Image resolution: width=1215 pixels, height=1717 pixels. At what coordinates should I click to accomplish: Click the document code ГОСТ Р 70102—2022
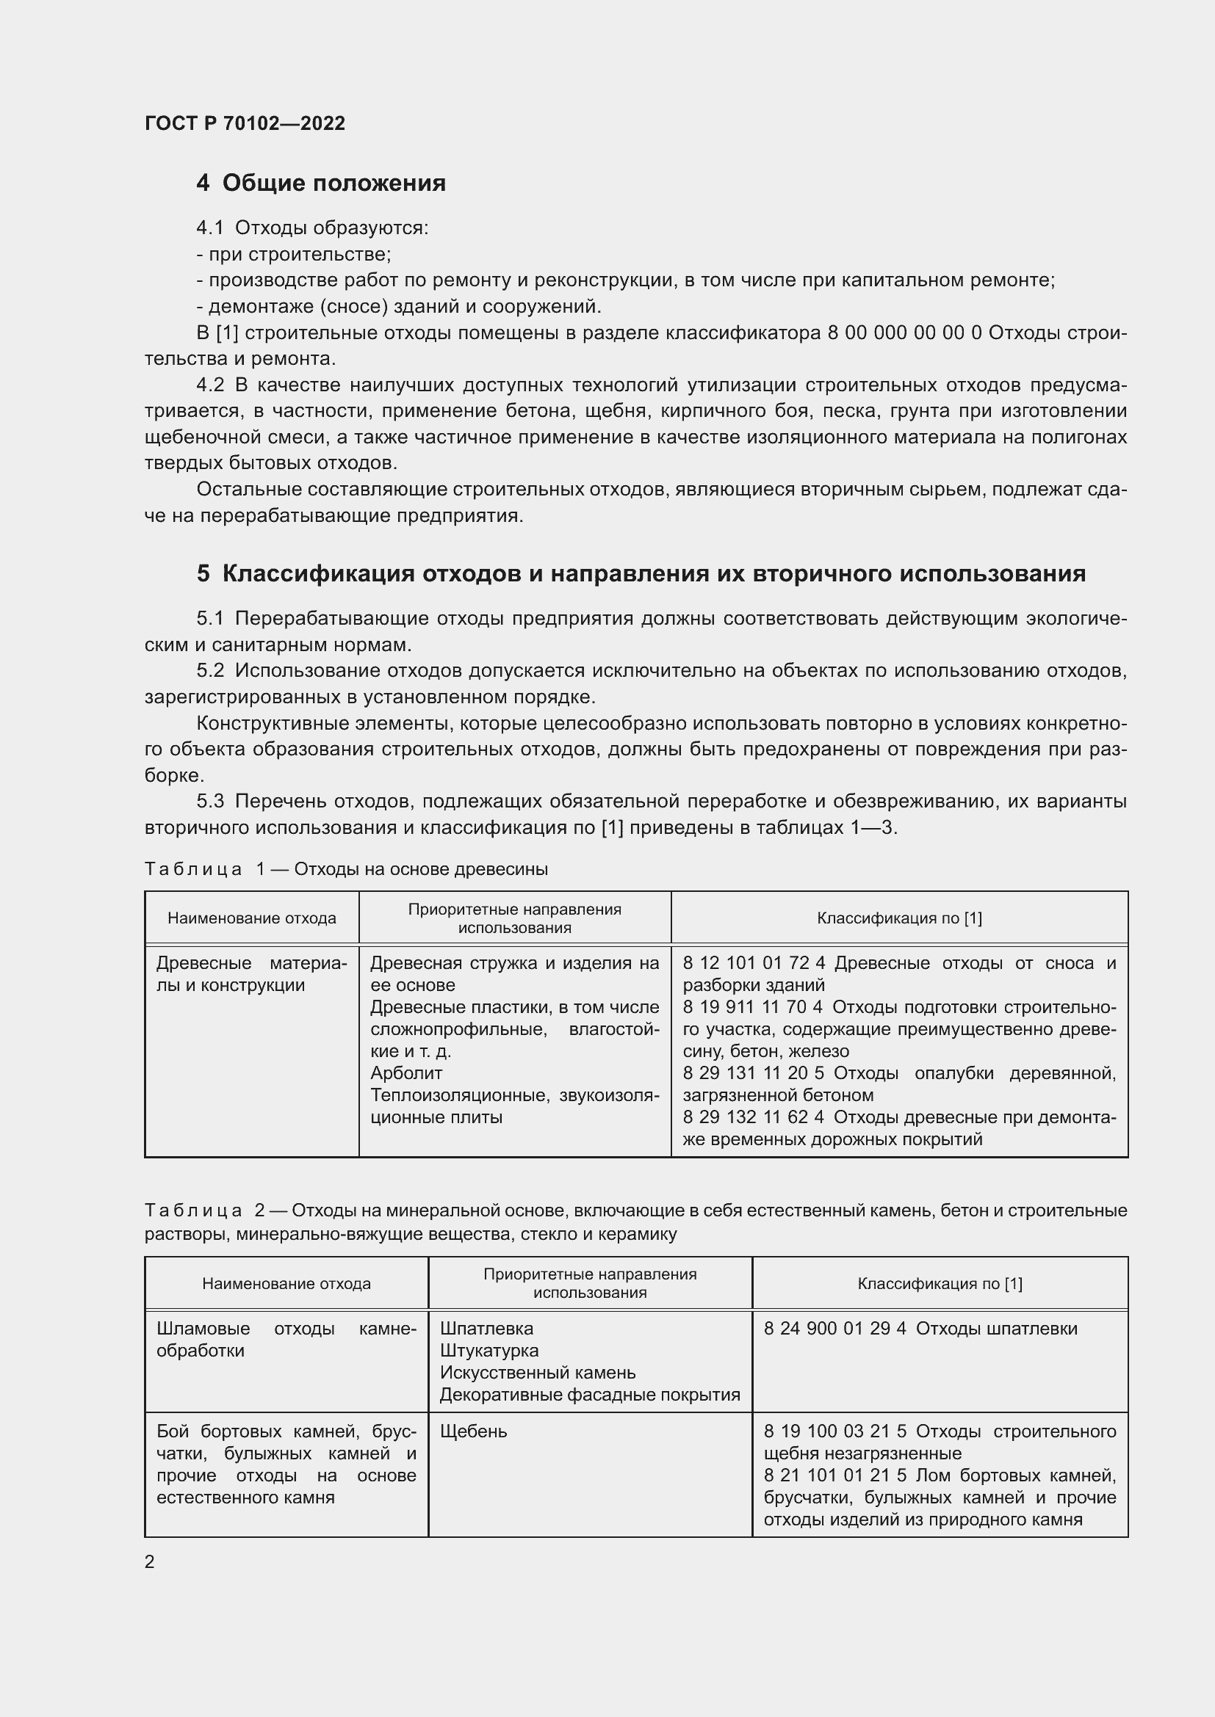pyautogui.click(x=245, y=123)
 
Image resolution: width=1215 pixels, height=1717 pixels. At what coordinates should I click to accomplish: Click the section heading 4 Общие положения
pyautogui.click(x=321, y=184)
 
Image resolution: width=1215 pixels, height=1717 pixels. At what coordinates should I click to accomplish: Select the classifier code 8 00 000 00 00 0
pyautogui.click(x=904, y=333)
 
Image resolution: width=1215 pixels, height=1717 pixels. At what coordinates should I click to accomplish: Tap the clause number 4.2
pyautogui.click(x=210, y=385)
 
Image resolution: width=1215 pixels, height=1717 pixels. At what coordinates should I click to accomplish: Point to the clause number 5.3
pyautogui.click(x=210, y=802)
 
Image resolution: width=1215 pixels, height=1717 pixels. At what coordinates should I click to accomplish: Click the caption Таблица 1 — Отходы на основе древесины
pyautogui.click(x=346, y=869)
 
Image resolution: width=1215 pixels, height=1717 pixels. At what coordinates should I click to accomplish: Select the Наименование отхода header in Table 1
pyautogui.click(x=251, y=918)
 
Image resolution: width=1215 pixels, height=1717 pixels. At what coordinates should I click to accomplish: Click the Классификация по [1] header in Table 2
pyautogui.click(x=940, y=1284)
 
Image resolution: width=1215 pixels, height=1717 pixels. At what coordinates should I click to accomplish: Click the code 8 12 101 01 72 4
pyautogui.click(x=754, y=963)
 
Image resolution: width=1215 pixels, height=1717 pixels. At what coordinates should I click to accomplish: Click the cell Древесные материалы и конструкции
pyautogui.click(x=251, y=973)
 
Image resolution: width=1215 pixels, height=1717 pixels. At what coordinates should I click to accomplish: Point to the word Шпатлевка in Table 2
pyautogui.click(x=486, y=1329)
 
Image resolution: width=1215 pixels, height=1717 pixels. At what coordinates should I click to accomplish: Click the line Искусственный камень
pyautogui.click(x=537, y=1373)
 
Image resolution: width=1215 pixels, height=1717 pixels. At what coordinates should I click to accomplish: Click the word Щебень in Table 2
pyautogui.click(x=473, y=1431)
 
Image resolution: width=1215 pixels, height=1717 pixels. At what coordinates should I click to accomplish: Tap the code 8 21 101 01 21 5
pyautogui.click(x=834, y=1475)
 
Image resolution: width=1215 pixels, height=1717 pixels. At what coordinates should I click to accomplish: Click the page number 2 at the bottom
pyautogui.click(x=150, y=1562)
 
